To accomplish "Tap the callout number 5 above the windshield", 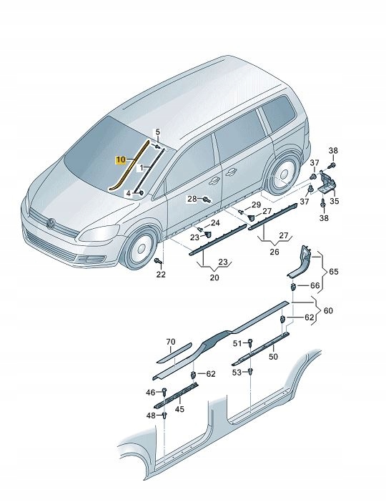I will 159,132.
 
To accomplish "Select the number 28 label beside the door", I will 192,199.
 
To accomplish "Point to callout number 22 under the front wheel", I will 160,275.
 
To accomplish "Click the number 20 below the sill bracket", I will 214,278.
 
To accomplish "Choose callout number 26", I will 274,251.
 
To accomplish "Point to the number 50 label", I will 272,356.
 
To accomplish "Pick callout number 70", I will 169,341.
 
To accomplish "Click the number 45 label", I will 179,410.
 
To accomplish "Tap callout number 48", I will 151,415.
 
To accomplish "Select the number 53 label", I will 237,373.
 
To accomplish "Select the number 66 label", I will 315,286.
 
